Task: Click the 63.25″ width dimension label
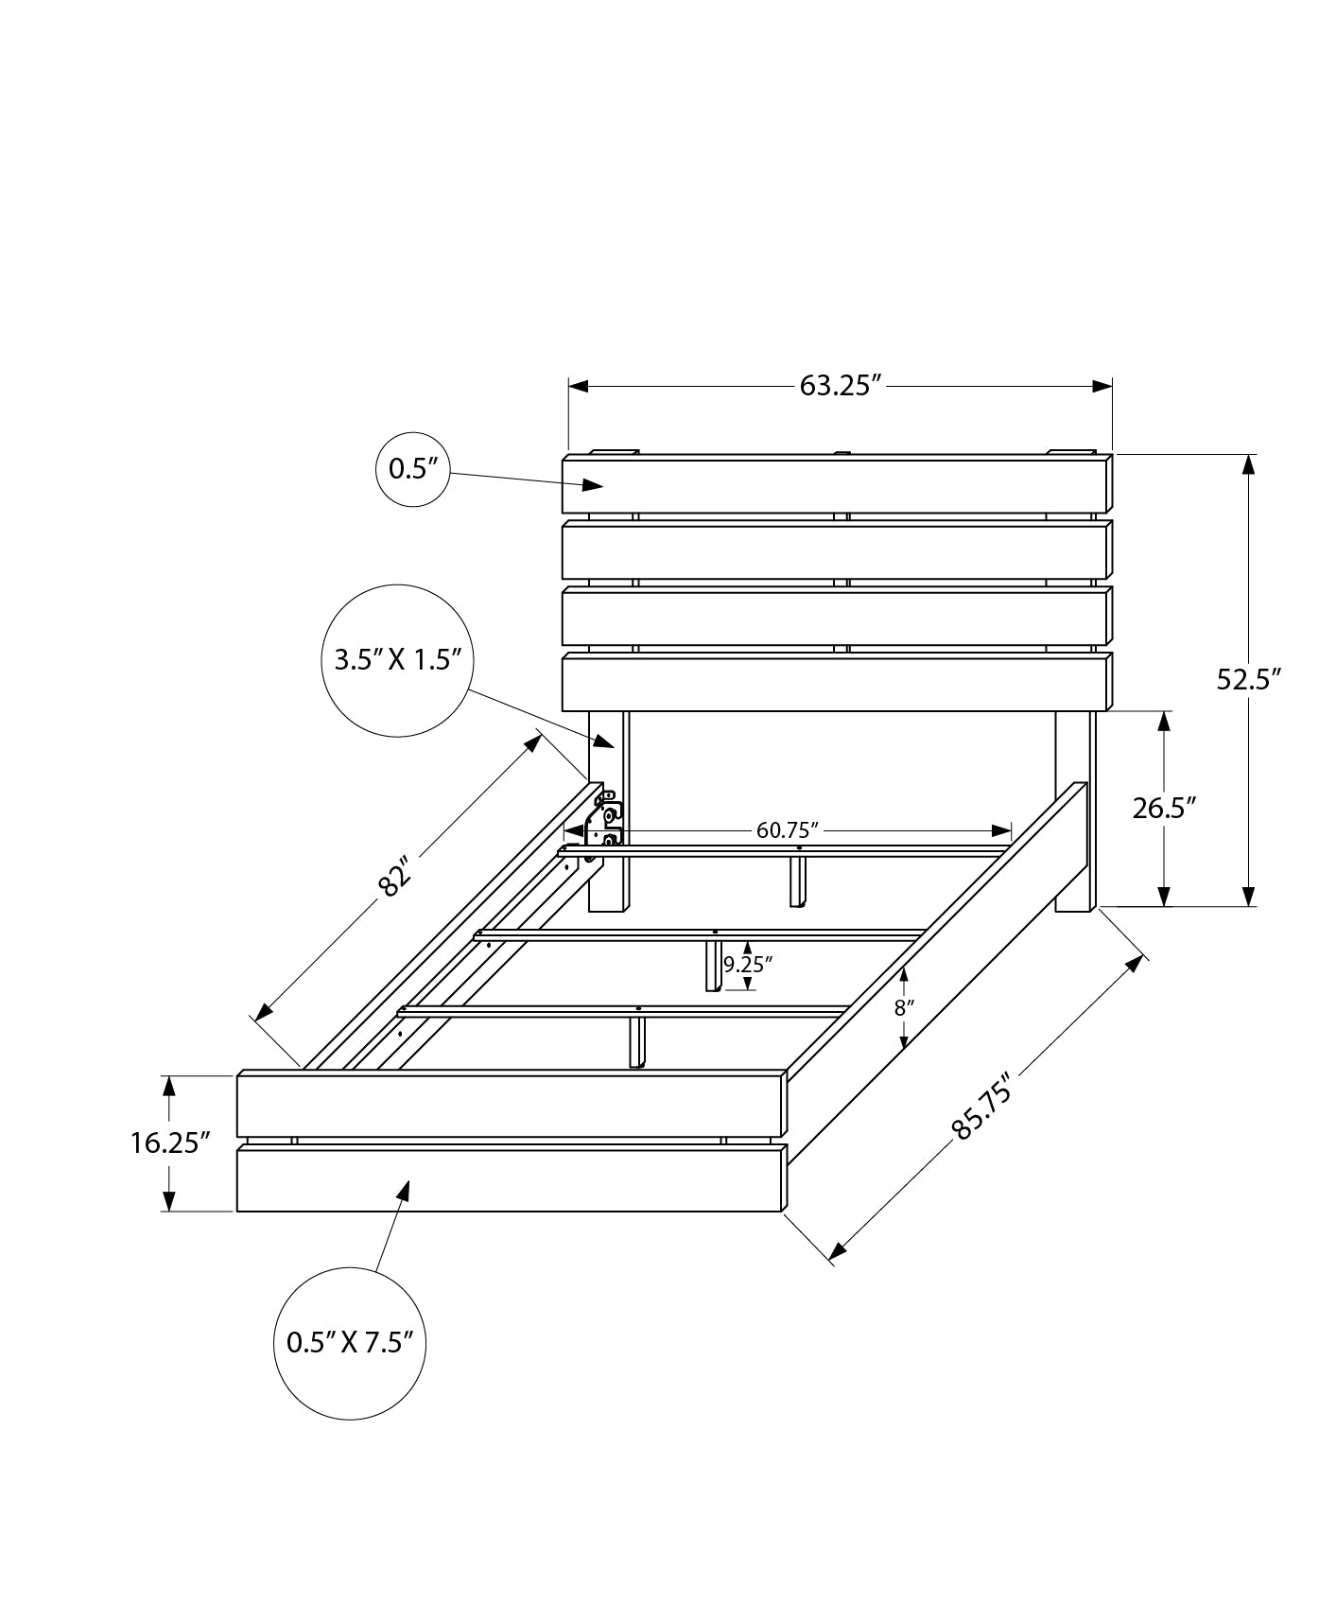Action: coord(840,386)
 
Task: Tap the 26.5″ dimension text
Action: coord(1165,808)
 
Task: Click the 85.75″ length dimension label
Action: coord(982,1106)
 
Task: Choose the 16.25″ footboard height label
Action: coord(170,1143)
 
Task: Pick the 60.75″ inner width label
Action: coord(787,830)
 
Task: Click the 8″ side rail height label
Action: coord(904,1008)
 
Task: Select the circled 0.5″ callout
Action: coord(413,469)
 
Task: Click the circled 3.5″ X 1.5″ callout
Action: coord(397,659)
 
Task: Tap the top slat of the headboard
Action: coord(837,484)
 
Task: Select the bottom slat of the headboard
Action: coord(837,682)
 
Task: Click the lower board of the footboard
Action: coord(511,1178)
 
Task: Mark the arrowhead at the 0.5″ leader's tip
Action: coord(594,485)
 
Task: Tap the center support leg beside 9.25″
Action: coord(713,966)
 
